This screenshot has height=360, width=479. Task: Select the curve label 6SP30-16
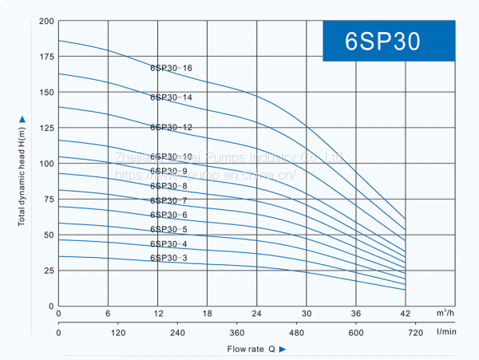(172, 68)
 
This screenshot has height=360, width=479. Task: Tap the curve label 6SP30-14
(172, 97)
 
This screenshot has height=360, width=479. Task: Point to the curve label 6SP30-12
(172, 127)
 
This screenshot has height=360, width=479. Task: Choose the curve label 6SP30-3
(168, 258)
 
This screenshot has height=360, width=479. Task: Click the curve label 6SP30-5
(168, 229)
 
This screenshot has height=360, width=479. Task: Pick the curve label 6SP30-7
(168, 200)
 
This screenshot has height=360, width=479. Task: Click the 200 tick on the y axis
(46, 21)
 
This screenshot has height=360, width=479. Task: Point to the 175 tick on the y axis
(46, 57)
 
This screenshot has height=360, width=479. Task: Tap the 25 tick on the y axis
(48, 271)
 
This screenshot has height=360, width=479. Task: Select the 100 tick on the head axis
(46, 164)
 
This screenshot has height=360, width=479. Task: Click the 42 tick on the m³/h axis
(406, 314)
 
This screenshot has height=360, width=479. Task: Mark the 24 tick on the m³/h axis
(257, 314)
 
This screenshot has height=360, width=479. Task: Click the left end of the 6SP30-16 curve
(59, 41)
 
